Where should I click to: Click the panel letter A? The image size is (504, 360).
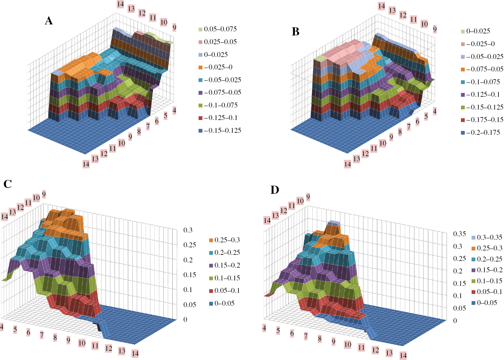coord(49,21)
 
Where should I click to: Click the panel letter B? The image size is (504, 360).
coord(295,32)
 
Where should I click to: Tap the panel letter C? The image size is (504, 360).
coord(8,184)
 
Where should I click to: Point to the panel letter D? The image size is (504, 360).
coord(275,190)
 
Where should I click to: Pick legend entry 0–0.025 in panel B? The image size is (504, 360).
coord(478,31)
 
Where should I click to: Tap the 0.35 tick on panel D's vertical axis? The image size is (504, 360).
coord(460,234)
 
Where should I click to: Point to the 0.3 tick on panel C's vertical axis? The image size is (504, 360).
coord(188,230)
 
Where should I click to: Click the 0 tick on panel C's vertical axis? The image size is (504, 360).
coord(185,320)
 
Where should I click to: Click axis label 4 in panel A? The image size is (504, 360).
coord(174,111)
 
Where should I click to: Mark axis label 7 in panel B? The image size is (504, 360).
coord(409,127)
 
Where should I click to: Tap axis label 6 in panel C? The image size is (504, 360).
coord(28,332)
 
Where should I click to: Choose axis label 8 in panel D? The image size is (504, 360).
coord(320,339)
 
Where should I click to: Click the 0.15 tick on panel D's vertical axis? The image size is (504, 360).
coord(460,284)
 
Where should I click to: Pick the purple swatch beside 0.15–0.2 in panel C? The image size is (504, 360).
coord(211,266)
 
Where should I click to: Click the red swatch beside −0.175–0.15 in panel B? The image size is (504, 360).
coord(463,120)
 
